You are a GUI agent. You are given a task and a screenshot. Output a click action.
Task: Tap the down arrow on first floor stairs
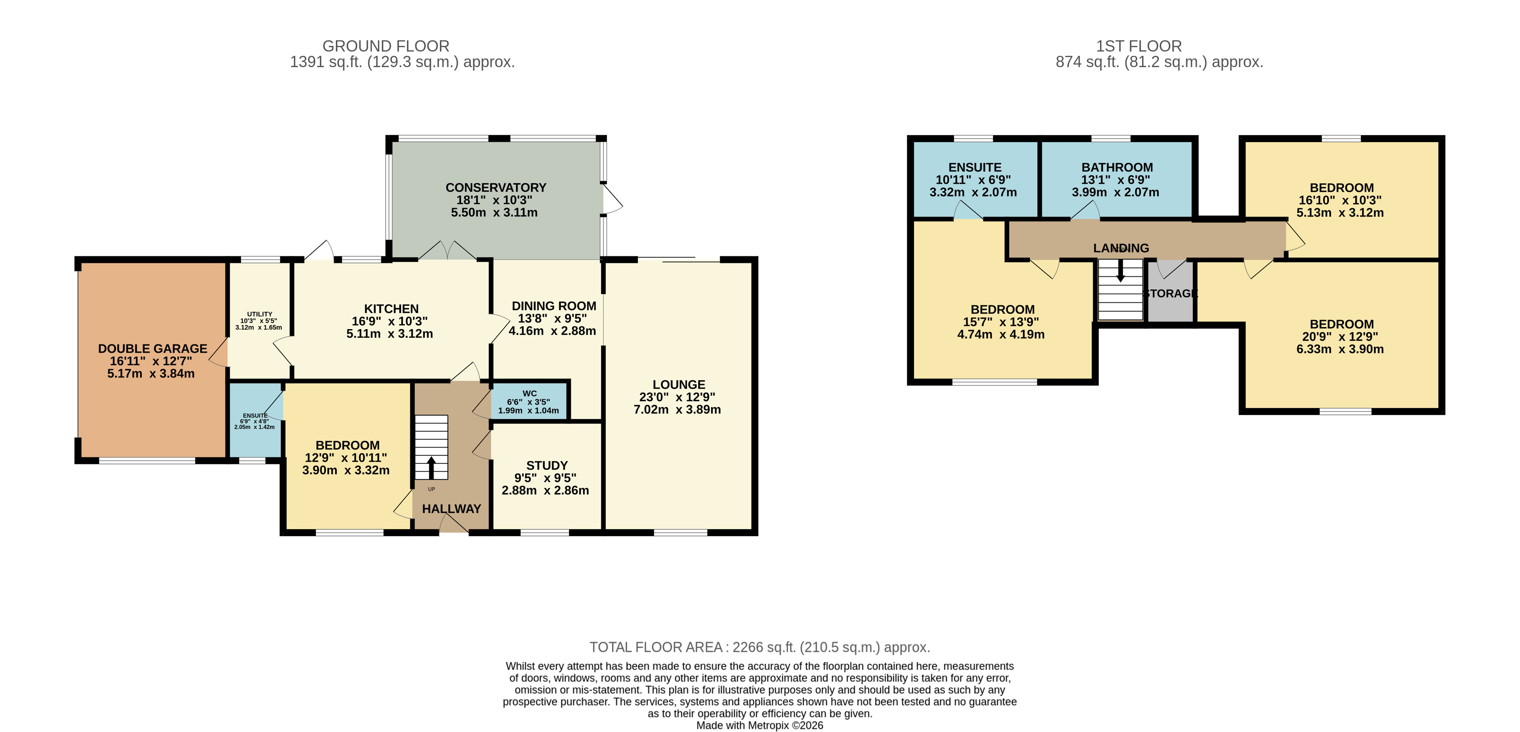pyautogui.click(x=1120, y=271)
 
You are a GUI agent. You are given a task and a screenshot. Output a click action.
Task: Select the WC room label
pyautogui.click(x=529, y=393)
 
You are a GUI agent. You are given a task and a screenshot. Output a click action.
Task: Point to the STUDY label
pyautogui.click(x=547, y=465)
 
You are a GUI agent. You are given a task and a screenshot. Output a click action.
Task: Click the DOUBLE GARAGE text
pyautogui.click(x=152, y=349)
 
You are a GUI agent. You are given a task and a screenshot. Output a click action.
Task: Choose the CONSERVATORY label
pyautogui.click(x=496, y=188)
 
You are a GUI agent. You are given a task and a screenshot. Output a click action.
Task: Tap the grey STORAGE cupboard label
pyautogui.click(x=1171, y=293)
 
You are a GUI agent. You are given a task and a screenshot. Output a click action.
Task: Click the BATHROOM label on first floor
pyautogui.click(x=1116, y=168)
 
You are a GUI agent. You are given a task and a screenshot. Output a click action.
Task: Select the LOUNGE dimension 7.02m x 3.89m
pyautogui.click(x=677, y=409)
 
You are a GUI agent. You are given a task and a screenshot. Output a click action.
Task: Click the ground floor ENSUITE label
pyautogui.click(x=255, y=416)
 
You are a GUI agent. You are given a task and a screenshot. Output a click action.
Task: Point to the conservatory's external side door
pyautogui.click(x=612, y=199)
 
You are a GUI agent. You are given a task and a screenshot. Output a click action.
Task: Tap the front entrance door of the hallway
pyautogui.click(x=454, y=524)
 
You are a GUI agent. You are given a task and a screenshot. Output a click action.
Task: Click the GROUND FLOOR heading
pyautogui.click(x=385, y=46)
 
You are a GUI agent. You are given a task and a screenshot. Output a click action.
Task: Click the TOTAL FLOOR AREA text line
pyautogui.click(x=759, y=647)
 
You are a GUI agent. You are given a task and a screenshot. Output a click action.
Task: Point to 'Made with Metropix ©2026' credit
pyautogui.click(x=759, y=726)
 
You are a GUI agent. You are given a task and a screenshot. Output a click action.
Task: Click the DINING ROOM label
pyautogui.click(x=553, y=306)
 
